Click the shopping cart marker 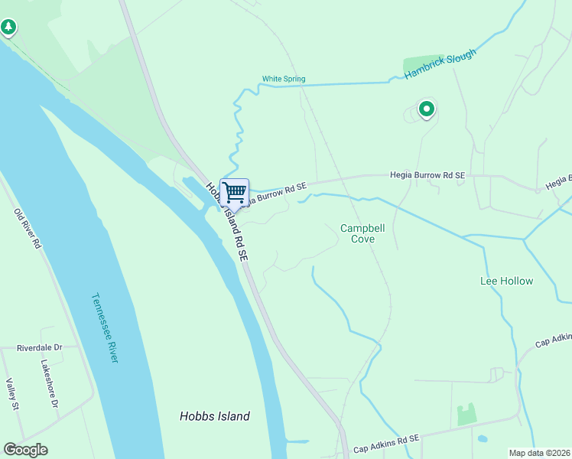pyautogui.click(x=234, y=192)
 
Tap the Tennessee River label pyautogui.click(x=105, y=328)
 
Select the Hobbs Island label pyautogui.click(x=215, y=416)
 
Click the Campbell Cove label pyautogui.click(x=357, y=233)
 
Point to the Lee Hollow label pyautogui.click(x=506, y=281)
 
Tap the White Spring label pyautogui.click(x=284, y=79)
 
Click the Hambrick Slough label pyautogui.click(x=440, y=64)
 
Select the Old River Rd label pyautogui.click(x=26, y=228)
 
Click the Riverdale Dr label pyautogui.click(x=39, y=348)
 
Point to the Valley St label pyautogui.click(x=11, y=394)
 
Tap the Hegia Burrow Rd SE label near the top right pyautogui.click(x=427, y=175)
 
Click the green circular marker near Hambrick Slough pyautogui.click(x=427, y=109)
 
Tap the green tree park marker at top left pyautogui.click(x=8, y=28)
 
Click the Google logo pyautogui.click(x=25, y=450)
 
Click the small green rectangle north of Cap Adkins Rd pyautogui.click(x=466, y=414)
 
